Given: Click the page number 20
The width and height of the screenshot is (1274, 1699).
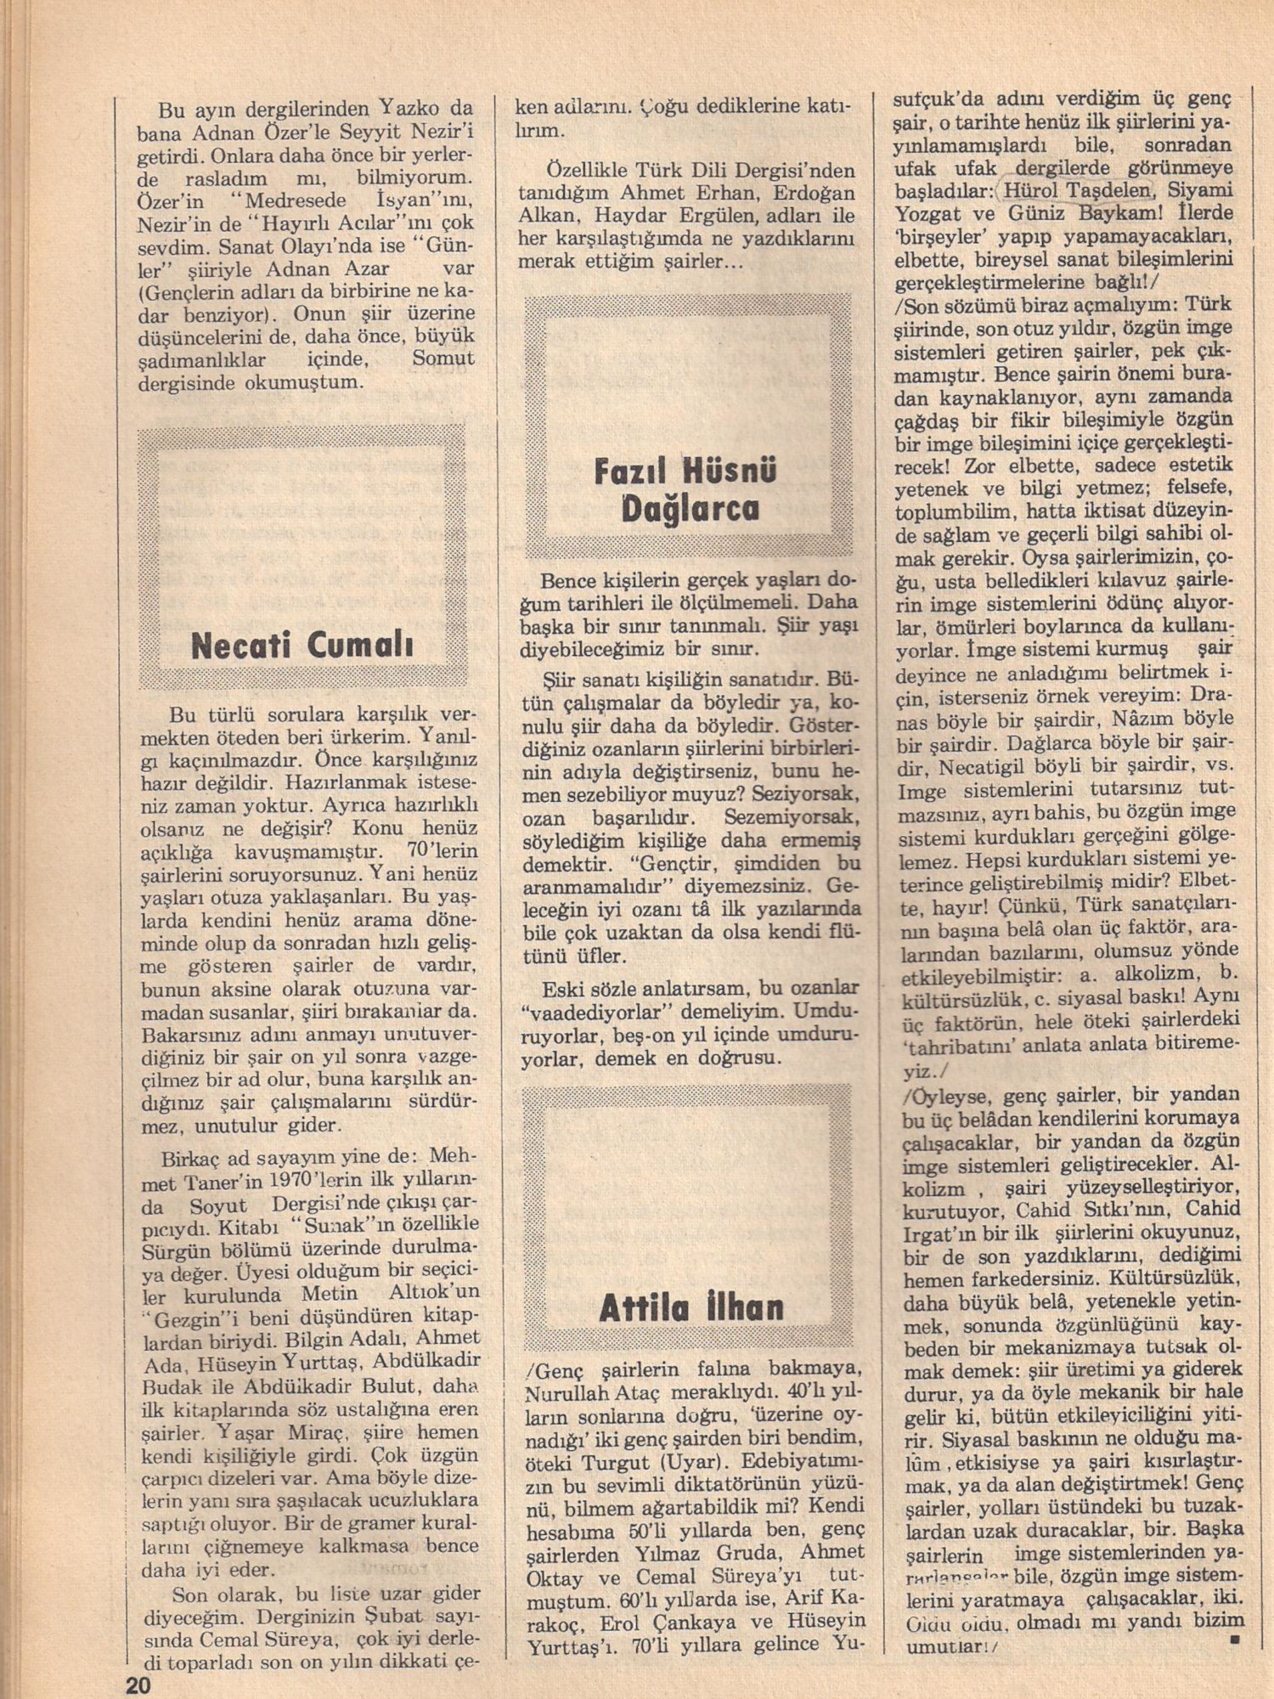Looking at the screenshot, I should [138, 1684].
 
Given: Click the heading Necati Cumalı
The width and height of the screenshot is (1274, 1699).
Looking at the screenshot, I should [302, 646].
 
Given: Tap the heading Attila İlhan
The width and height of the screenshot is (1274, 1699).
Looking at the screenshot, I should [691, 1307].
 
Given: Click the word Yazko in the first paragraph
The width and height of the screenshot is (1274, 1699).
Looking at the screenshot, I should [411, 110].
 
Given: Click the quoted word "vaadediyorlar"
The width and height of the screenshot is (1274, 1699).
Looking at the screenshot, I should [596, 1012].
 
